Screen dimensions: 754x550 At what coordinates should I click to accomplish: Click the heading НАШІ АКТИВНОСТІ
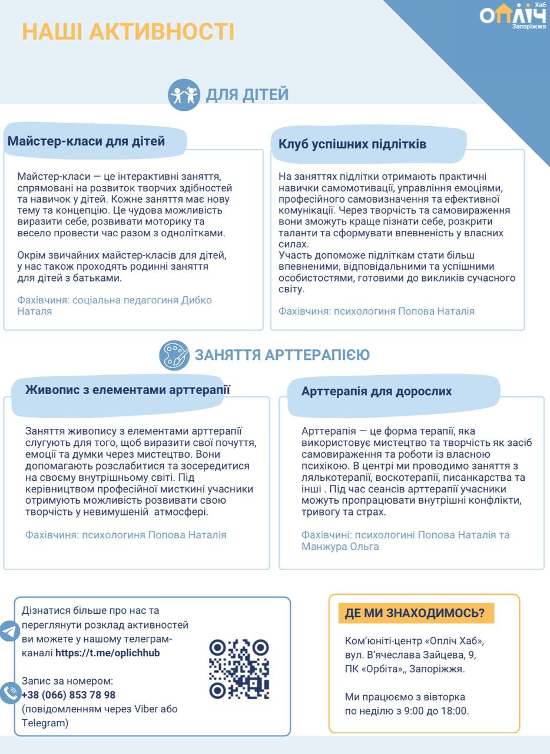(128, 32)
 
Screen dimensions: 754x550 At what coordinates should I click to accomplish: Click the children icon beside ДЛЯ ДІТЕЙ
(184, 95)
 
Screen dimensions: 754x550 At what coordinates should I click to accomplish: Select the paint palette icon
(174, 356)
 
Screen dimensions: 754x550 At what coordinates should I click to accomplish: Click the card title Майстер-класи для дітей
(87, 141)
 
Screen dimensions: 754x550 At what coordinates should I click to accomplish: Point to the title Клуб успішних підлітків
(352, 144)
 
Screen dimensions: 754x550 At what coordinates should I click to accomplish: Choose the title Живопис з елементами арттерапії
(128, 389)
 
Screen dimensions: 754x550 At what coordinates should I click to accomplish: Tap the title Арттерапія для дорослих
(376, 391)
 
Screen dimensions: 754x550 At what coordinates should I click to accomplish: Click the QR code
(239, 669)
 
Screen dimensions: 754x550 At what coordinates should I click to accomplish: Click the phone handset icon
(9, 693)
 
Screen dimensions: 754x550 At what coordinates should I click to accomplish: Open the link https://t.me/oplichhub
(107, 653)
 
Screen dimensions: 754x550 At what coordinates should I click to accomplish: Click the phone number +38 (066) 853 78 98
(68, 695)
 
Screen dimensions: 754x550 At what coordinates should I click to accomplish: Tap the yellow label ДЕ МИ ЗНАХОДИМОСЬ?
(415, 613)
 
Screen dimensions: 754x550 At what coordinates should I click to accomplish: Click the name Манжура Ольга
(340, 547)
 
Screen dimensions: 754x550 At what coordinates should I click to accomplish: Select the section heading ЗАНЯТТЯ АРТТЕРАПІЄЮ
(282, 355)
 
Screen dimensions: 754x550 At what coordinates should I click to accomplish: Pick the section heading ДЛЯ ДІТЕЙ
(247, 94)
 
